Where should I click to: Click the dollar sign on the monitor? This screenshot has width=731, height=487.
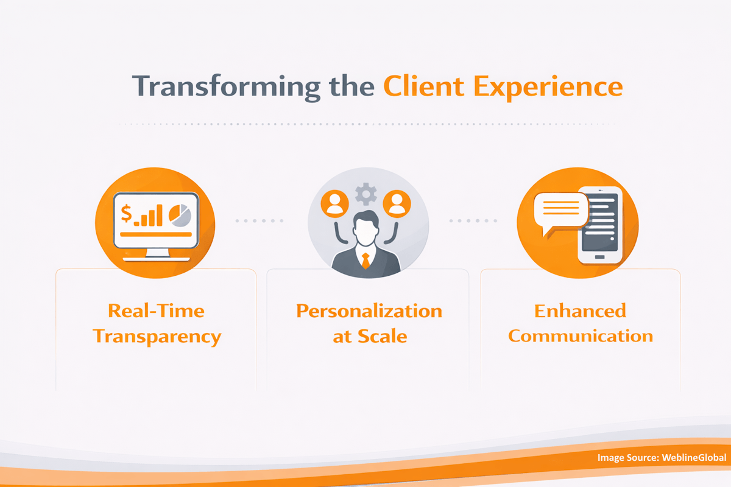[x=127, y=214]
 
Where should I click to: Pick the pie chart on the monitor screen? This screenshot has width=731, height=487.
[x=180, y=215]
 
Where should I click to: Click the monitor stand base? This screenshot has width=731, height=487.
[x=156, y=257]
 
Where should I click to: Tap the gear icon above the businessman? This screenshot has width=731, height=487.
[x=365, y=194]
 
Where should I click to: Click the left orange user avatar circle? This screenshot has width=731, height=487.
[x=334, y=203]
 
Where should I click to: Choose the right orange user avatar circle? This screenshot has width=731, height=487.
[x=397, y=203]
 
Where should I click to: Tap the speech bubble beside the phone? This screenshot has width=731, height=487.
[x=560, y=211]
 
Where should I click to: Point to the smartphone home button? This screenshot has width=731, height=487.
[x=601, y=258]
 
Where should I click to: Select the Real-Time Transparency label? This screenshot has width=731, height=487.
[x=157, y=323]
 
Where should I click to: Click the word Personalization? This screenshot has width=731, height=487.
[x=369, y=311]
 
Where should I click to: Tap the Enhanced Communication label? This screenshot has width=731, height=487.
[x=580, y=323]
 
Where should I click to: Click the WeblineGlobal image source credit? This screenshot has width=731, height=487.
[x=662, y=458]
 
